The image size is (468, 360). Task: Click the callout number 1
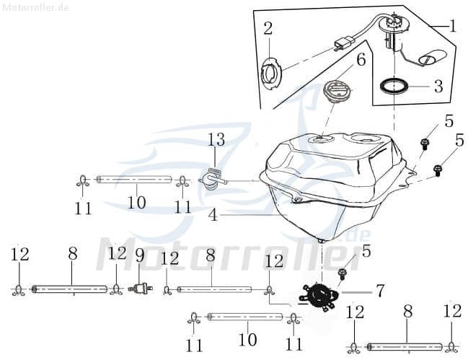[453, 27]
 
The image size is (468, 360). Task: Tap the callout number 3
[438, 87]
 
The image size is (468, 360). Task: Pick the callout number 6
[361, 59]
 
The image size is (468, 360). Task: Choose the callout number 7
[379, 291]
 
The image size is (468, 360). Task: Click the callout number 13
[216, 139]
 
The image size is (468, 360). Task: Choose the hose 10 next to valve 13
[133, 180]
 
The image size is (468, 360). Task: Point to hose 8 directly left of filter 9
[72, 289]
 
